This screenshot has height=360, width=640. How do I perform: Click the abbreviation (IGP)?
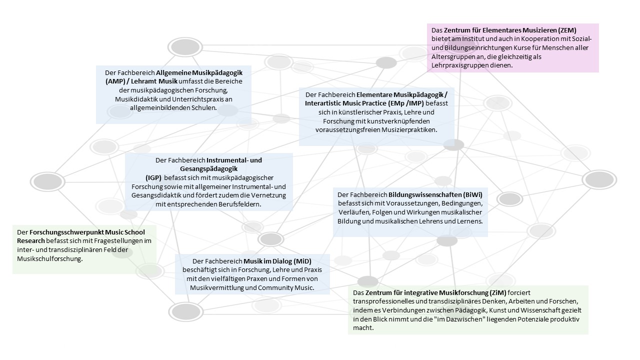pyautogui.click(x=153, y=177)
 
